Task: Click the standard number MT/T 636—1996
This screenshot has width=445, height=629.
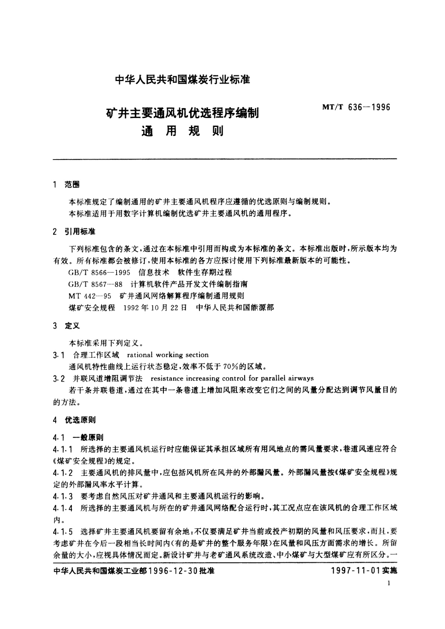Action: pos(355,108)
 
